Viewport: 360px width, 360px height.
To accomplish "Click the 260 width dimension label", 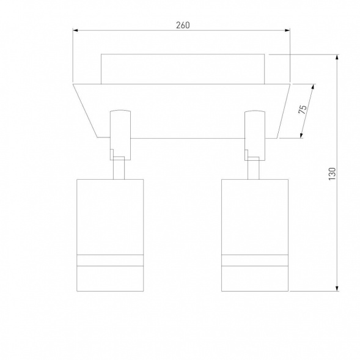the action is click(183, 25).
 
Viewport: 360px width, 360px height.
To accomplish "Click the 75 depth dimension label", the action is click(303, 109).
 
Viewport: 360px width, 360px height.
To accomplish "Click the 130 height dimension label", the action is click(332, 174).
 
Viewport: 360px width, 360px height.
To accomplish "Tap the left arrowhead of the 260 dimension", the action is click(76, 30).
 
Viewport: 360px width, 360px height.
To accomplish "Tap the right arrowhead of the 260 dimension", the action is click(287, 30).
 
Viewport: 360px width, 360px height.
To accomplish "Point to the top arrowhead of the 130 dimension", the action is click(337, 57).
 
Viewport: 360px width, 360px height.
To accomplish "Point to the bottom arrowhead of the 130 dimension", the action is click(337, 288).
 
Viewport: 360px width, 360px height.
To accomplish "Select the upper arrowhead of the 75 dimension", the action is click(312, 87).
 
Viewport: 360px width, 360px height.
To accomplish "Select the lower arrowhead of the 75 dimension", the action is click(301, 135).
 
